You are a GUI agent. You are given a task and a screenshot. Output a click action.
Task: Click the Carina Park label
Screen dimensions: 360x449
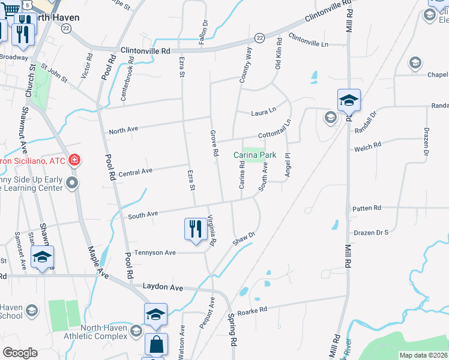(x=255, y=155)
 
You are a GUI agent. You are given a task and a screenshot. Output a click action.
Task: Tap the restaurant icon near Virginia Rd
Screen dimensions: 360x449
(x=194, y=229)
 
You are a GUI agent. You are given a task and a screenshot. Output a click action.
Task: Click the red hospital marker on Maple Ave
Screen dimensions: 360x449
(x=74, y=160)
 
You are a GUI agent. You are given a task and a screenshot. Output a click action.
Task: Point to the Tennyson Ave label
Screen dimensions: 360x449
(x=155, y=253)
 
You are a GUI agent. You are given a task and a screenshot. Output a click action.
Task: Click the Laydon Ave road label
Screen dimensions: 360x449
(x=162, y=287)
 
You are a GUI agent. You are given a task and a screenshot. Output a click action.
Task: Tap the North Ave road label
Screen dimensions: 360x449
(x=124, y=130)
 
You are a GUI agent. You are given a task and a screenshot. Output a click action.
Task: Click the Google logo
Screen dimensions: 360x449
(x=20, y=353)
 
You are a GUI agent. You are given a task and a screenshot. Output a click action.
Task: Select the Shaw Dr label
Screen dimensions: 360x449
(x=244, y=238)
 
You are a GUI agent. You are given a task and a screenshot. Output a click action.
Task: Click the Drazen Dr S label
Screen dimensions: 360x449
(x=371, y=232)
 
